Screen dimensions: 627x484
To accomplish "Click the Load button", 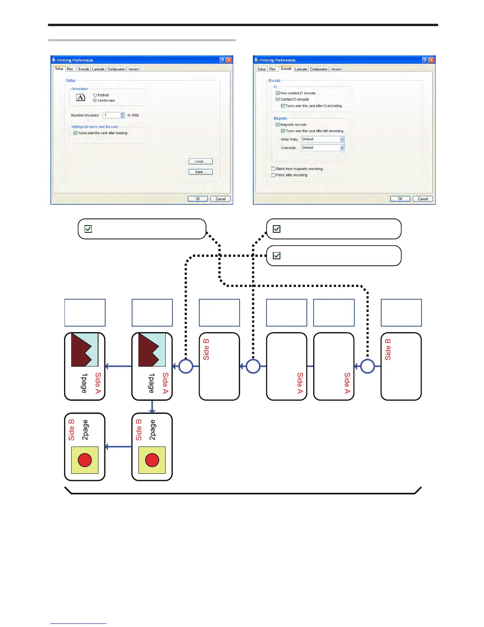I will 200,161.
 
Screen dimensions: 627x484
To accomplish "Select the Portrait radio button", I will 95,95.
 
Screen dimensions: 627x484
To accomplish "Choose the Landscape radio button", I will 95,101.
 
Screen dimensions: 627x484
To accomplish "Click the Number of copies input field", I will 112,115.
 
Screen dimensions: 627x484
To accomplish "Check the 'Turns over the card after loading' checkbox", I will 75,133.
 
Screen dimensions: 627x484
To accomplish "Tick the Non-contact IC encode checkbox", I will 278,93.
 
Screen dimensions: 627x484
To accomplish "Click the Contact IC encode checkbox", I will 278,99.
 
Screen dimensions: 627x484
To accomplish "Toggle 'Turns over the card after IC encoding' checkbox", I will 283,106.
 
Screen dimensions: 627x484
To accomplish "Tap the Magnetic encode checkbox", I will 278,125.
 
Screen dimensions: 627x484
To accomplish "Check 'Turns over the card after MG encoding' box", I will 283,131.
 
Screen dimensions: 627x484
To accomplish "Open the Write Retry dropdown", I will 342,139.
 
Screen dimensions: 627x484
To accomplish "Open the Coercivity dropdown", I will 342,148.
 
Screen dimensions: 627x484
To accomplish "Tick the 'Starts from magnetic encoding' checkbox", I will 273,169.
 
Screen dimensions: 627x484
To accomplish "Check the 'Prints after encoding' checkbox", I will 273,175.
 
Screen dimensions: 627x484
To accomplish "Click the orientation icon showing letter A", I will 80,97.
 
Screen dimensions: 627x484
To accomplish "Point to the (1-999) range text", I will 133,116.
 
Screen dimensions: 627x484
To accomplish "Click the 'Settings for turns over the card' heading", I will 95,127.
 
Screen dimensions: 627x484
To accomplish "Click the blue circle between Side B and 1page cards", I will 186,366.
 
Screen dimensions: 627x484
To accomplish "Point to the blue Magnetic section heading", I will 280,118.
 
